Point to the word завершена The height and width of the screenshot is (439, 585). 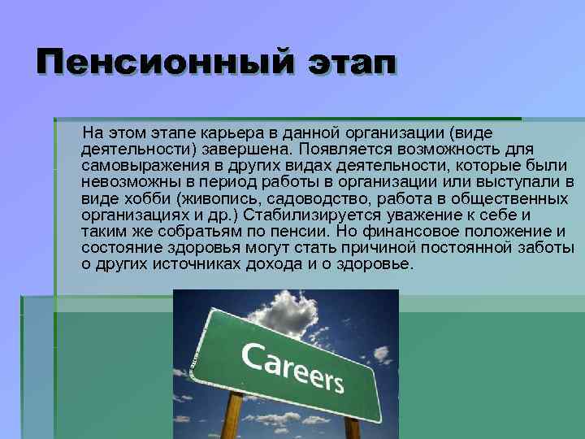pyautogui.click(x=251, y=149)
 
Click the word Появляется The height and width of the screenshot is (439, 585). pyautogui.click(x=336, y=149)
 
